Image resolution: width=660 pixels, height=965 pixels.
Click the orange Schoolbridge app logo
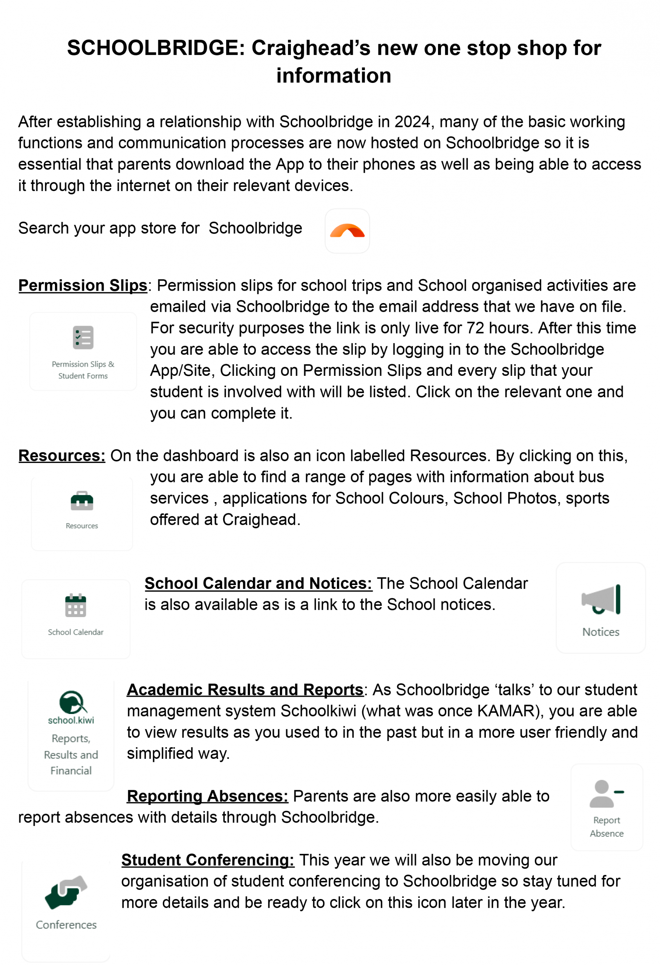pyautogui.click(x=347, y=231)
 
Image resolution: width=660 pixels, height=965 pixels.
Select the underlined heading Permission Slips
pyautogui.click(x=83, y=286)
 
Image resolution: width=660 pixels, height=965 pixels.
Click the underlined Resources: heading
pyautogui.click(x=62, y=456)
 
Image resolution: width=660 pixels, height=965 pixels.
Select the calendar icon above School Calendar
pyautogui.click(x=75, y=605)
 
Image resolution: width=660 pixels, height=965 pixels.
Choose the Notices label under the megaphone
pyautogui.click(x=601, y=632)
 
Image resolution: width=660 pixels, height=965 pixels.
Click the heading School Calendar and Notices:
pyautogui.click(x=258, y=584)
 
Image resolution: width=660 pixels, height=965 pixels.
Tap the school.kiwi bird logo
pyautogui.click(x=72, y=703)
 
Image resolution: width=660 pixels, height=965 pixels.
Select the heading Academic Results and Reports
pyautogui.click(x=245, y=690)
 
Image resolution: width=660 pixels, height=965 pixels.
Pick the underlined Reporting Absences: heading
pyautogui.click(x=207, y=796)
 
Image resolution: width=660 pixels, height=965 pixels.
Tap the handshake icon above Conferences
pyautogui.click(x=66, y=892)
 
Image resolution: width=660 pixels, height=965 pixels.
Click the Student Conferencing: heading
pyautogui.click(x=208, y=860)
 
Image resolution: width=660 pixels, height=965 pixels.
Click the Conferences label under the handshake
pyautogui.click(x=66, y=925)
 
